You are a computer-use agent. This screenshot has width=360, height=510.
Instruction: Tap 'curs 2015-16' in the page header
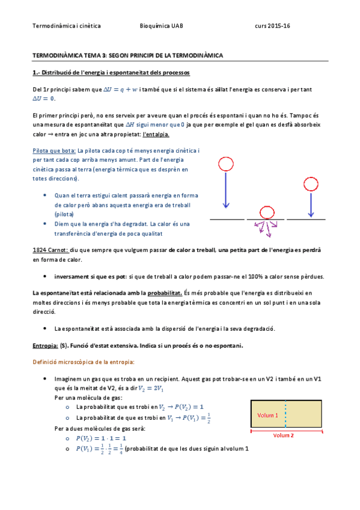272,26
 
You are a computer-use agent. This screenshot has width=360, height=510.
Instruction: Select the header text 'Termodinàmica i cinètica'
67,26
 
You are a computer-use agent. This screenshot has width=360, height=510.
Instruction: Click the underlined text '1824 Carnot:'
50,250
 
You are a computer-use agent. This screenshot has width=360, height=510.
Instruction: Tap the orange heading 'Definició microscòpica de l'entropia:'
84,361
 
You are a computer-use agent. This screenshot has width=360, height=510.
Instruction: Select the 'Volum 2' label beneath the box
284,435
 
